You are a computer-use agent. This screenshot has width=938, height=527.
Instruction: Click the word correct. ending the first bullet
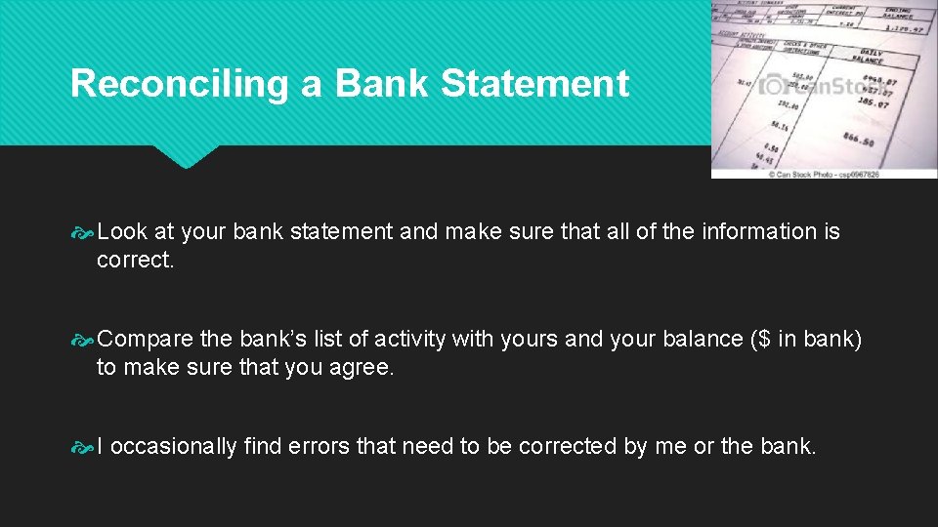click(x=135, y=262)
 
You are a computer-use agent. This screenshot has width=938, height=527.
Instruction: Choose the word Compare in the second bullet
click(x=145, y=340)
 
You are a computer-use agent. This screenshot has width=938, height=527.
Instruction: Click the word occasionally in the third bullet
click(x=175, y=447)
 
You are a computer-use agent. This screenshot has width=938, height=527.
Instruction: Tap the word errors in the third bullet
click(x=319, y=447)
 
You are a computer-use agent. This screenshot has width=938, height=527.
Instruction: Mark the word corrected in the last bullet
click(x=568, y=447)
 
